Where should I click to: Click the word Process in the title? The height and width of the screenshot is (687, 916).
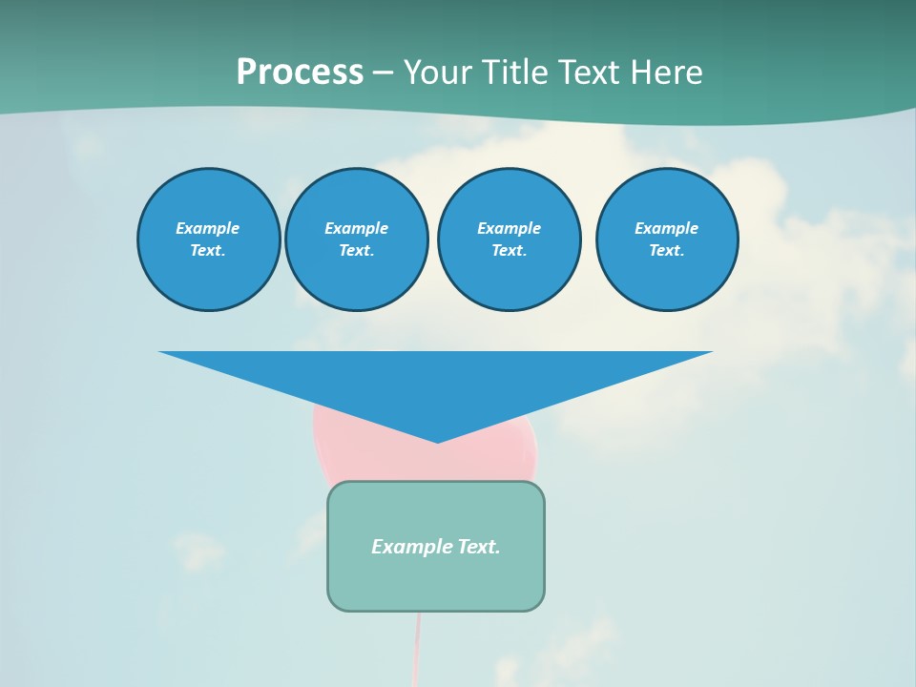300,72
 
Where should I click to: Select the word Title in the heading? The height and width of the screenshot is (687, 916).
516,72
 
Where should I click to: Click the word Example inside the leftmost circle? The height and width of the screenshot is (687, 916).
208,228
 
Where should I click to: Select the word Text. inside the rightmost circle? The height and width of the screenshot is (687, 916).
666,251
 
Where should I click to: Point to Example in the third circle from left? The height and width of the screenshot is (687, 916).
509,228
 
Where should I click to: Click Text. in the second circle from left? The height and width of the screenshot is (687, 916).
357,251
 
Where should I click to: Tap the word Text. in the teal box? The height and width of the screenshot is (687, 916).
478,547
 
